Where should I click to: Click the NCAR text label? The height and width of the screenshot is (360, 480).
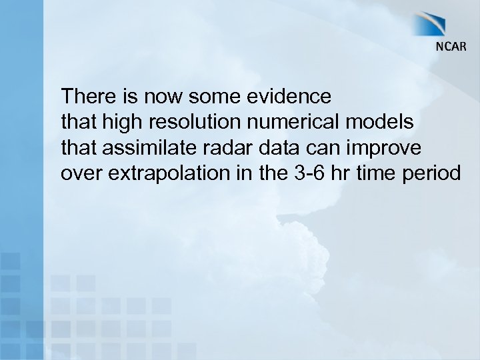[451, 47]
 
